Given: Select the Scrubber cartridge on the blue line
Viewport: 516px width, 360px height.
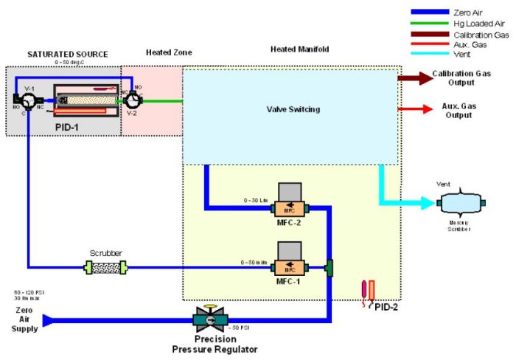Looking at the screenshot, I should (x=104, y=266).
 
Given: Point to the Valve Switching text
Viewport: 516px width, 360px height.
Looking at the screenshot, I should (x=293, y=109).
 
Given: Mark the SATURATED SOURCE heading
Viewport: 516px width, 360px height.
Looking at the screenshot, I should (x=67, y=54).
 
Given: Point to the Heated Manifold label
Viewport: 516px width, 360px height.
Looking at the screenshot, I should (x=299, y=49).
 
